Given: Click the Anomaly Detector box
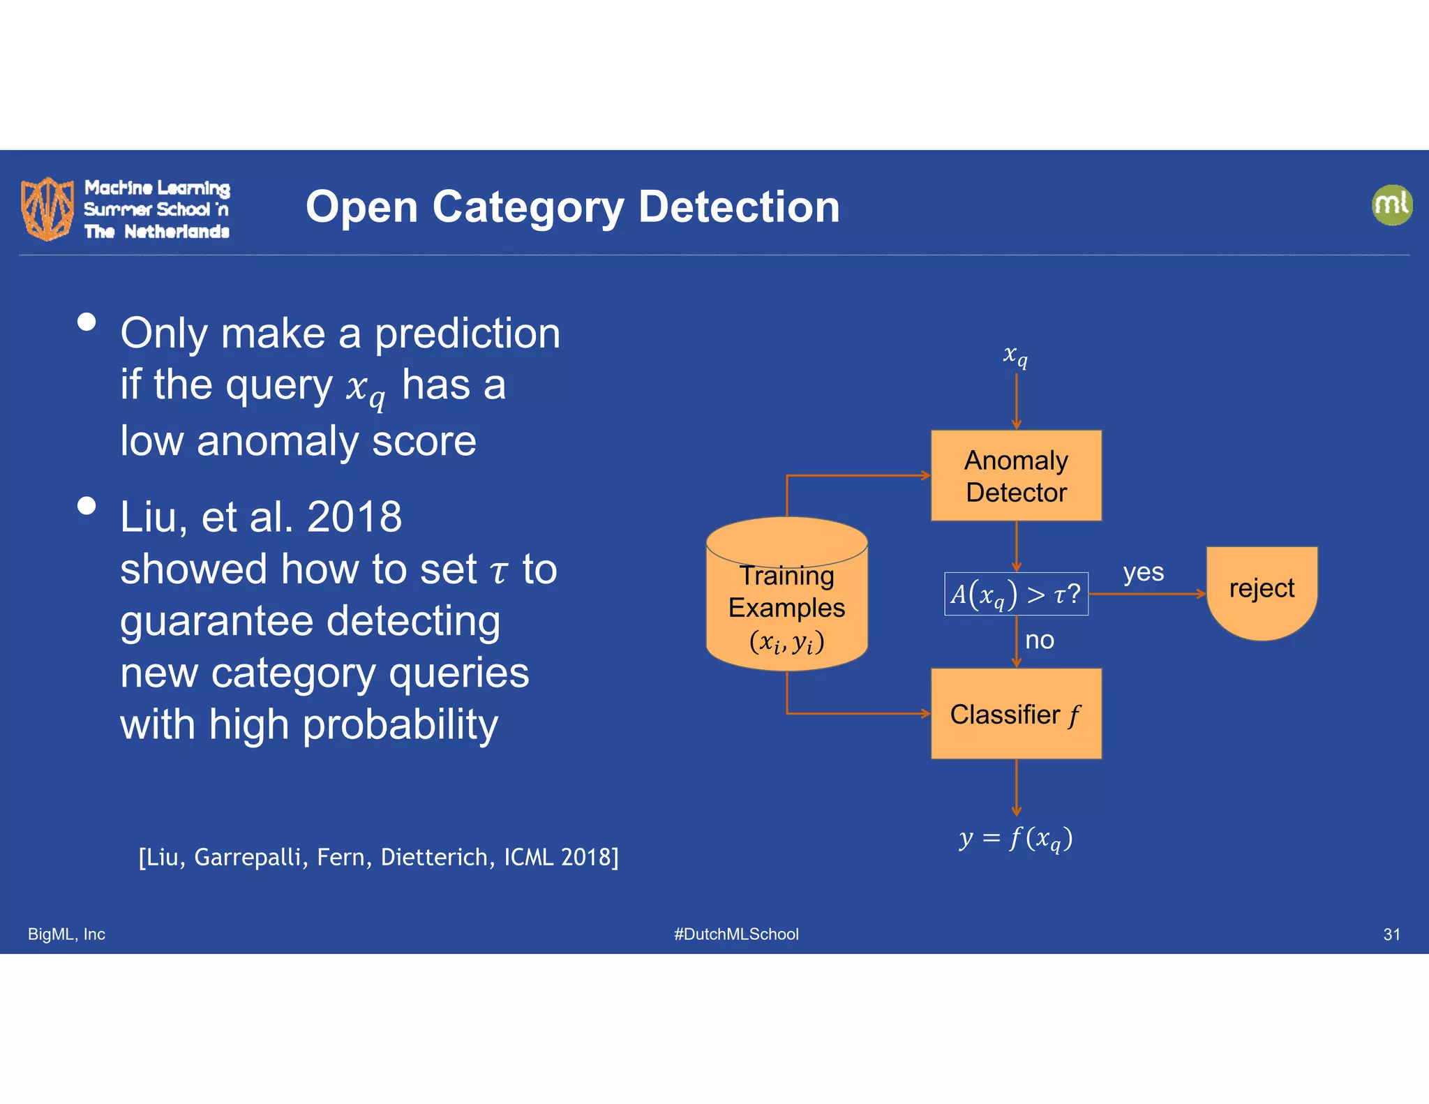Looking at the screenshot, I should point(1016,475).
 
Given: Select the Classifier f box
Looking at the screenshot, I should point(1016,713).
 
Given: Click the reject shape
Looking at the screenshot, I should point(1262,590).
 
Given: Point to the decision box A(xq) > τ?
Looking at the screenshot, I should point(1016,594).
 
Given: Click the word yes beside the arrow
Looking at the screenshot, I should point(1143,572).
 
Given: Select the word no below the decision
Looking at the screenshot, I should point(1039,640).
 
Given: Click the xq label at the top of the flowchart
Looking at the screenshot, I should point(1015,355).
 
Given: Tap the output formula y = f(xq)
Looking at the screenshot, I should point(1016,837).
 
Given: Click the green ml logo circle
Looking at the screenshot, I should point(1391,205).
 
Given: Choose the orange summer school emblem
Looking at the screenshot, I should point(47,209).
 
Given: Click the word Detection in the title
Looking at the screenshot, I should point(739,207).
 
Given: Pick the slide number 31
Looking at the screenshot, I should point(1391,934).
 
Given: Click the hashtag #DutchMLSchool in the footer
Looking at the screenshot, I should point(736,934).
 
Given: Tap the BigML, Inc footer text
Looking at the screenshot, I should point(66,934).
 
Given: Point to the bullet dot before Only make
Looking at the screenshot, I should point(87,322).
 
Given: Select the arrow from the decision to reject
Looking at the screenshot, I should point(1148,594).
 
